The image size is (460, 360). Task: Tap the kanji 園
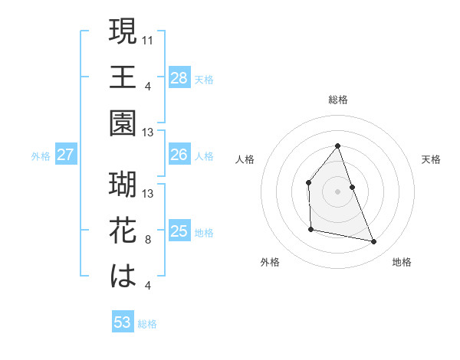click(123, 122)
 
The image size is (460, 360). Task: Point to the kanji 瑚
click(123, 185)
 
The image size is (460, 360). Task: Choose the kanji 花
click(123, 231)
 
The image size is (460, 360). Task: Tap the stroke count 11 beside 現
click(149, 38)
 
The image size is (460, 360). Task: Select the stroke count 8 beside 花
click(149, 240)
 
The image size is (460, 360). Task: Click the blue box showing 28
click(179, 77)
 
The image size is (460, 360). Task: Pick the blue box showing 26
click(179, 155)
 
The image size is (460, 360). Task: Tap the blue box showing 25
click(179, 231)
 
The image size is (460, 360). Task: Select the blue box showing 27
click(65, 155)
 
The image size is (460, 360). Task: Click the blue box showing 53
click(122, 322)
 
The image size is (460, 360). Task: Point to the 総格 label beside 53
click(148, 324)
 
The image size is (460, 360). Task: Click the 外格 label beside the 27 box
click(41, 156)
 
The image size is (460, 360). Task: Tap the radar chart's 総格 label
click(337, 100)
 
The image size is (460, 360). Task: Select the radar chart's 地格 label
click(402, 263)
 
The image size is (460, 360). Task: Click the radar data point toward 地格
click(374, 242)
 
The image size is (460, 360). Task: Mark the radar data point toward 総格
click(337, 146)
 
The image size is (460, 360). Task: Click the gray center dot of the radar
click(337, 191)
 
